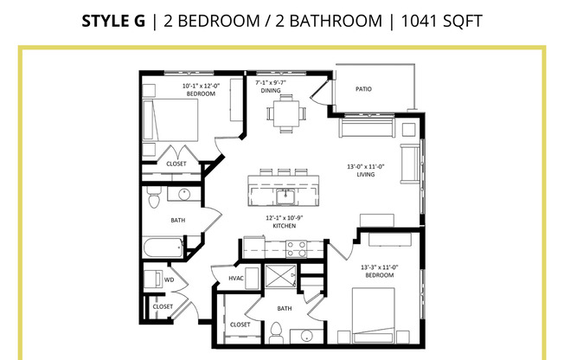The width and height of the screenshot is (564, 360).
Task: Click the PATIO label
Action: tap(364, 88)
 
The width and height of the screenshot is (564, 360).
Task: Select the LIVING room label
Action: tap(359, 173)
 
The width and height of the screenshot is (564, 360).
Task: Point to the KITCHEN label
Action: tap(284, 226)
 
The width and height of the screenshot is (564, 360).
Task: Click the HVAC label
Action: tap(236, 278)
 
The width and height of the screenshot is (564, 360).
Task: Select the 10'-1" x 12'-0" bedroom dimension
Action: tap(202, 86)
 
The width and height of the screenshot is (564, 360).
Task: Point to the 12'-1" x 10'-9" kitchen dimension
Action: tap(284, 217)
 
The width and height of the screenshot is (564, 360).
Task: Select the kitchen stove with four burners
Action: tap(297, 249)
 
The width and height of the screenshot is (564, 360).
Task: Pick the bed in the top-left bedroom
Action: tap(169, 120)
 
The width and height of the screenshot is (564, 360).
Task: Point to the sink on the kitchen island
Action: tap(284, 192)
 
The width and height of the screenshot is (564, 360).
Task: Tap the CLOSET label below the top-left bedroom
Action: tap(176, 164)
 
